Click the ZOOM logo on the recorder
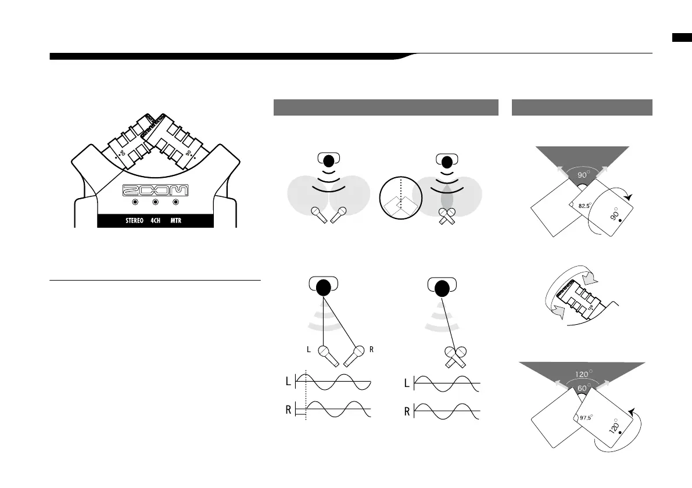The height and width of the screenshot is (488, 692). tap(155, 191)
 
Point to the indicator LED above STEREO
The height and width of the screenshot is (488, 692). tap(135, 203)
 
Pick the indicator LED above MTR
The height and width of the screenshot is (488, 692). tap(175, 203)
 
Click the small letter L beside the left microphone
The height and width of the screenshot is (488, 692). tap(309, 350)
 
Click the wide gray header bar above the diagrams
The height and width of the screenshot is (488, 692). tap(386, 107)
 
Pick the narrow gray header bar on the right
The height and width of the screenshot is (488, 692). tap(582, 107)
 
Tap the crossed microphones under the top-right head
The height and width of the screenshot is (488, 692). tap(446, 216)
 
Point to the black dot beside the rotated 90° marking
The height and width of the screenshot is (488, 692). tap(620, 221)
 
